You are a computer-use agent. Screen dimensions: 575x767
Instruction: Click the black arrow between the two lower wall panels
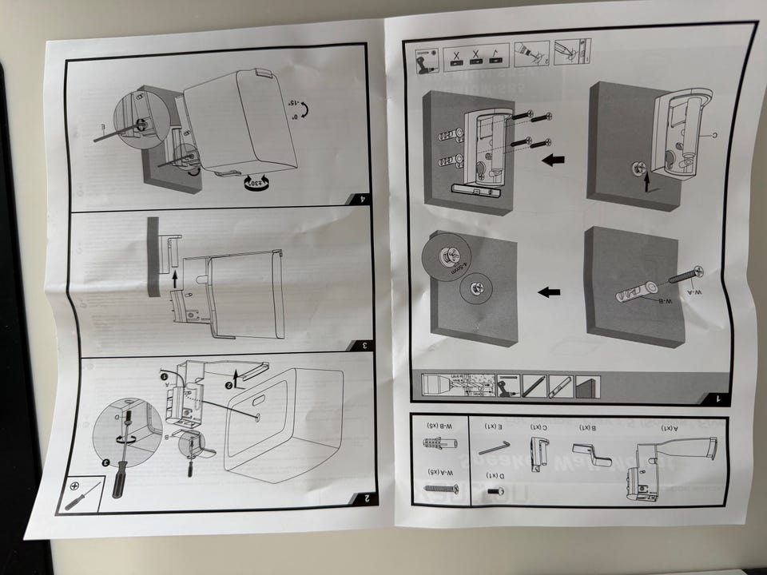549,292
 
